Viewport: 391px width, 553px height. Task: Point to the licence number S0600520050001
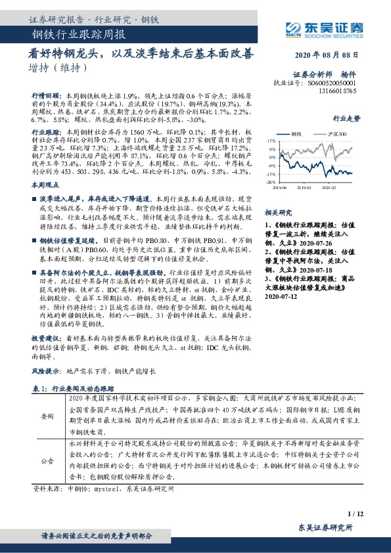coord(332,84)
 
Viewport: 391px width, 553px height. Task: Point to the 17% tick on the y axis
coord(271,141)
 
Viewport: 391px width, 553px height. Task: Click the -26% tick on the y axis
coord(271,183)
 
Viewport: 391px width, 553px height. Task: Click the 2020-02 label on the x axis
coord(329,188)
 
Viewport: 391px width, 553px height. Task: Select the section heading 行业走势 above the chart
coord(347,120)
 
